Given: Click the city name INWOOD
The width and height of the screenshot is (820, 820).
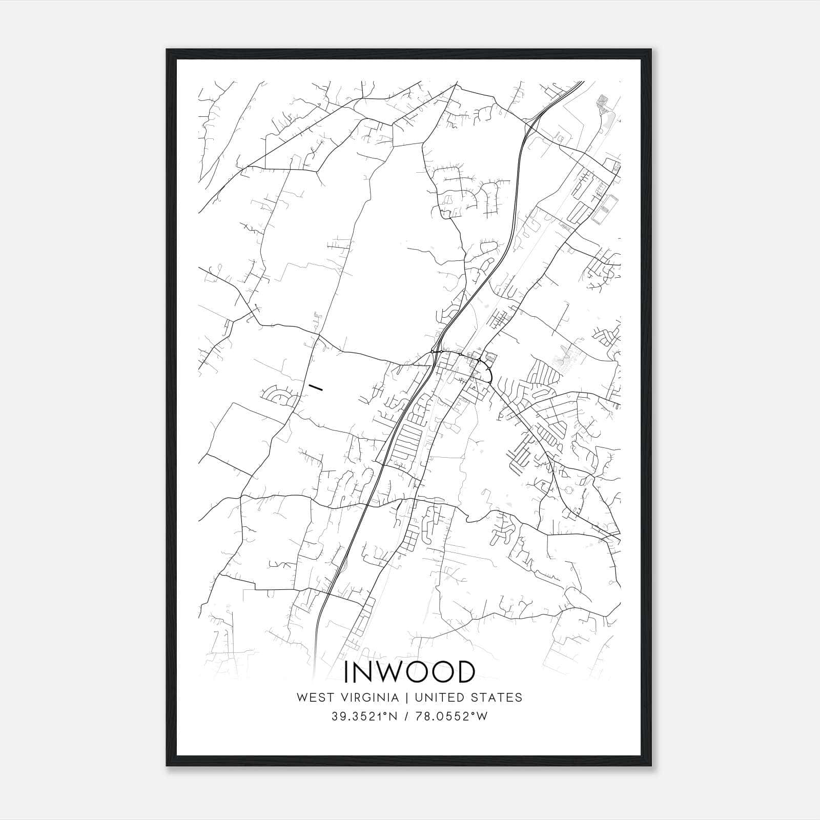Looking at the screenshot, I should coord(409,672).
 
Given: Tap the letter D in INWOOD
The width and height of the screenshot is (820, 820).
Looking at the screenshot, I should coord(463,672).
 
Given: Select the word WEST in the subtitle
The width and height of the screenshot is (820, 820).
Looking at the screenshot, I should coord(309,697).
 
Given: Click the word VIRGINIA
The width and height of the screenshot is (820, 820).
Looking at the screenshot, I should coord(365,697).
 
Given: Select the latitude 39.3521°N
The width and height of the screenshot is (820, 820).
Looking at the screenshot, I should coord(364,716).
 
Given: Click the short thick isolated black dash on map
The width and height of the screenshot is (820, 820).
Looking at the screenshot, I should coord(315,387).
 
